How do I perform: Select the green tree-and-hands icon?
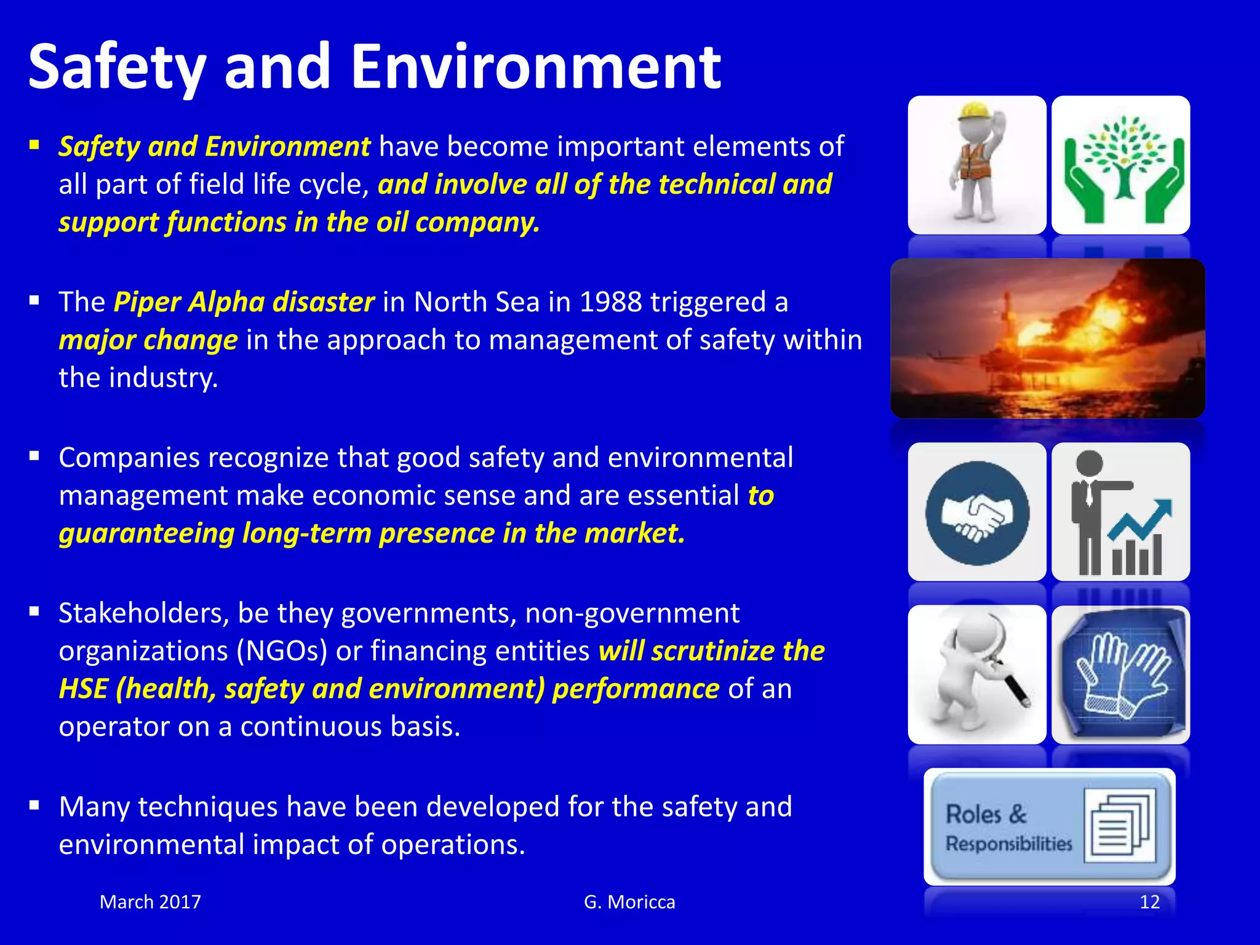click(1120, 165)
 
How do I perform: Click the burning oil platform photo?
click(1047, 338)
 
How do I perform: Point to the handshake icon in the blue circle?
click(977, 512)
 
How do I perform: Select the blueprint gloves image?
click(1120, 675)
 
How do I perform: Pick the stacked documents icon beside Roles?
click(1120, 826)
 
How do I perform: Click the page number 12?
click(1149, 902)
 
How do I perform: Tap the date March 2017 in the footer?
click(150, 902)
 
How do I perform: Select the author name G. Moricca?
click(629, 902)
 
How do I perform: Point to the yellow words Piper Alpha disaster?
click(244, 302)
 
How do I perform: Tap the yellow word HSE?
click(82, 688)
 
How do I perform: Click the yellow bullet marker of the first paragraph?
click(34, 146)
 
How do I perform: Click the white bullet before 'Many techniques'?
click(34, 805)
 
